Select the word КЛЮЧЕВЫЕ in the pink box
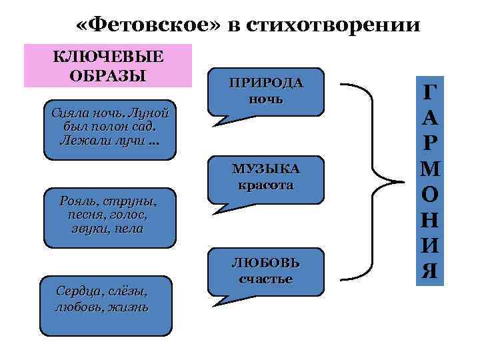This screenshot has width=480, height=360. click(x=108, y=57)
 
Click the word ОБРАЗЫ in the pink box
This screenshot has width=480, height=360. click(x=108, y=74)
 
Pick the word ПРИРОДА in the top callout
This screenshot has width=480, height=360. click(x=266, y=83)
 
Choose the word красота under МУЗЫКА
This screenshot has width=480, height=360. click(x=266, y=185)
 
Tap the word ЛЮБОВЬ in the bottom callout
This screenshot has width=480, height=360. click(x=266, y=262)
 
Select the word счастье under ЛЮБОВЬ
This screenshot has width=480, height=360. click(x=266, y=278)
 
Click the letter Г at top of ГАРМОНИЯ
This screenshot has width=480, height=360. click(x=431, y=95)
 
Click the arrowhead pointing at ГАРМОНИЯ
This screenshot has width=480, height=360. click(x=399, y=181)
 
